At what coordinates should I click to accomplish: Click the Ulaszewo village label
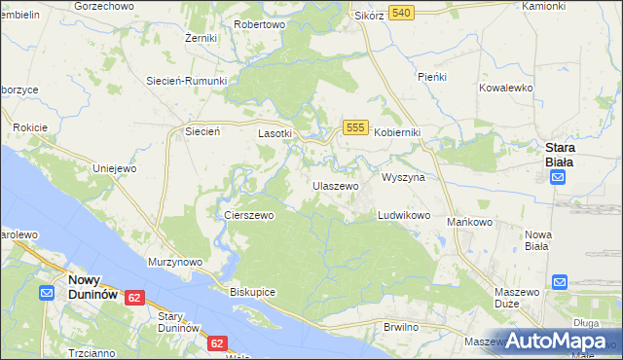click(336, 185)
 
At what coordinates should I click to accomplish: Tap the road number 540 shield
click(400, 13)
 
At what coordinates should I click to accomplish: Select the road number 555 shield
click(354, 128)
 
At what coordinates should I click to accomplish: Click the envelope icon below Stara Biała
click(558, 177)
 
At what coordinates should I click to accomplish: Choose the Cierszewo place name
click(249, 215)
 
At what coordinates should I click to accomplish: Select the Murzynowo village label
click(174, 262)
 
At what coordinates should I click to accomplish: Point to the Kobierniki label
click(397, 133)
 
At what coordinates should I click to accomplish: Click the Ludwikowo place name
click(404, 215)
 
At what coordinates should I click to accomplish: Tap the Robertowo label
click(259, 24)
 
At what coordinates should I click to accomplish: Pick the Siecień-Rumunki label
click(186, 81)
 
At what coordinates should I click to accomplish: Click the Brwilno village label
click(401, 327)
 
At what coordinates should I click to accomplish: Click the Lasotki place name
click(275, 133)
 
